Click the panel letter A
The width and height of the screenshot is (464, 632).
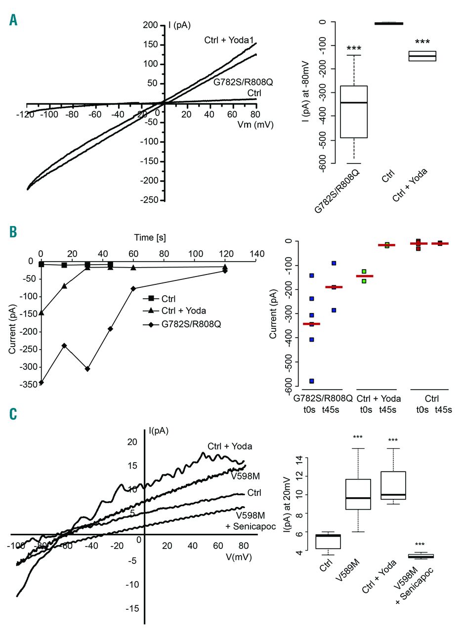point(13,21)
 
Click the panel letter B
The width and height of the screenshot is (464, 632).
point(13,232)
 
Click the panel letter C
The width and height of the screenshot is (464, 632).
point(13,414)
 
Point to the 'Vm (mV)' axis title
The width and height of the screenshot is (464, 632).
point(254,125)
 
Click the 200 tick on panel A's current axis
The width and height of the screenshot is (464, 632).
point(150,25)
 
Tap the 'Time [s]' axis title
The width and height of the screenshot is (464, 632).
point(149,237)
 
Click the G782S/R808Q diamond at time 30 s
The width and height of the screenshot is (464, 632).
point(87,369)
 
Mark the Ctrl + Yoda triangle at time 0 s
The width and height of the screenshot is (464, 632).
point(41,313)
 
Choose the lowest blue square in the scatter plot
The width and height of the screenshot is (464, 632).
point(312,381)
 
